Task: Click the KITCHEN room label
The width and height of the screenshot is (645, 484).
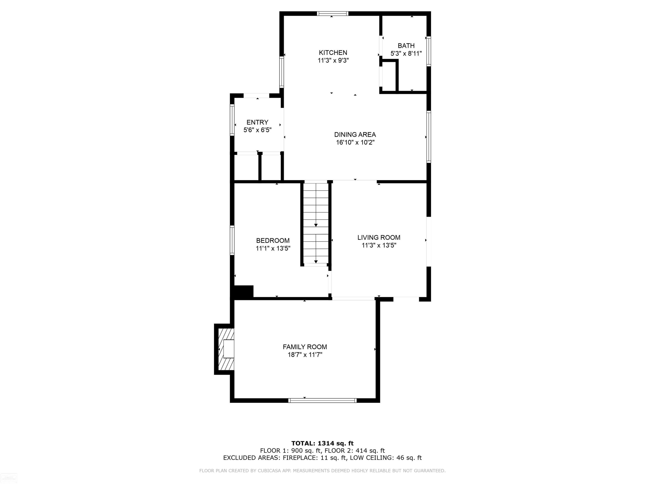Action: click(333, 52)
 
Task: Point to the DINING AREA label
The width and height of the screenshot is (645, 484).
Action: click(355, 134)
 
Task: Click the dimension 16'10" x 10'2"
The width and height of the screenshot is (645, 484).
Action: click(355, 142)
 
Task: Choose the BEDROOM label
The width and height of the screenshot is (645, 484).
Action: click(273, 240)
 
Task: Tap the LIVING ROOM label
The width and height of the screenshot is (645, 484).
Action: click(379, 237)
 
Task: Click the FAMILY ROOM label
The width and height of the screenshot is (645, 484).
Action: click(305, 347)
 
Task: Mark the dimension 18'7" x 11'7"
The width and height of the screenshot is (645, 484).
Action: click(305, 355)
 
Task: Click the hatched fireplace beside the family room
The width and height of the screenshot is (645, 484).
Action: click(226, 349)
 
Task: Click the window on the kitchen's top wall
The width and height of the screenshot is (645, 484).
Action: click(333, 13)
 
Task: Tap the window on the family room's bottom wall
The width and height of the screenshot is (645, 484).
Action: click(322, 401)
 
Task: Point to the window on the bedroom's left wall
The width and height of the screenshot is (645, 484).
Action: click(232, 240)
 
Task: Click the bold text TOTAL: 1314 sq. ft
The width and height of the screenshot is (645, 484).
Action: click(322, 443)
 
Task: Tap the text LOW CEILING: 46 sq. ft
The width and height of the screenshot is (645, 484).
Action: click(386, 458)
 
